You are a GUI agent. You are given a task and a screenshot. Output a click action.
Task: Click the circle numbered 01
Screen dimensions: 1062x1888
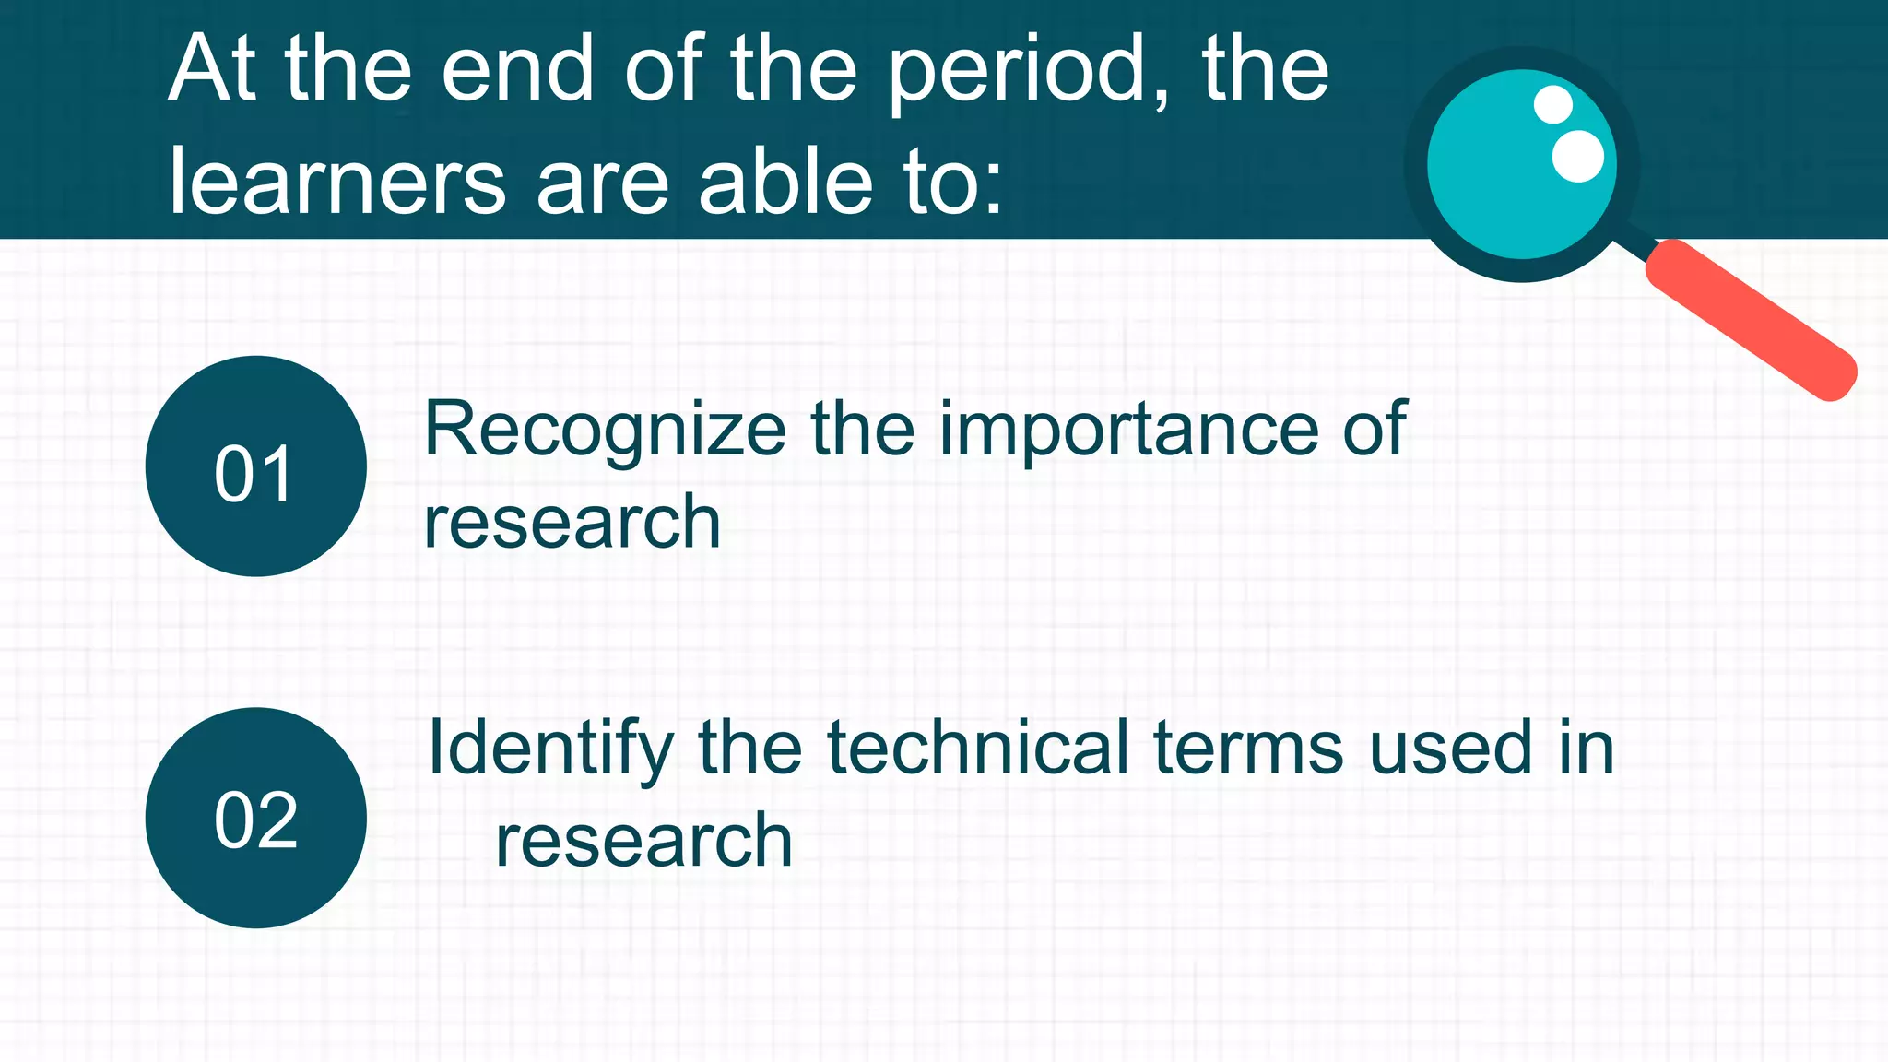255,466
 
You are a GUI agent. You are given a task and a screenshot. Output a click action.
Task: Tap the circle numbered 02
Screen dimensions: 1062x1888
255,818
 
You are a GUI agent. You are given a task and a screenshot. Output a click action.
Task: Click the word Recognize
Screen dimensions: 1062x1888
605,431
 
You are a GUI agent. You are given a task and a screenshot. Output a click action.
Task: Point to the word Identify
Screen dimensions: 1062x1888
550,749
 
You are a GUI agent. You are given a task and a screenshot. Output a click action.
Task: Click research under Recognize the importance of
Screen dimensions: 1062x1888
572,523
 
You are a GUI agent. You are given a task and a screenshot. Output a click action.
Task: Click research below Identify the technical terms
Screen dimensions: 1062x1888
643,841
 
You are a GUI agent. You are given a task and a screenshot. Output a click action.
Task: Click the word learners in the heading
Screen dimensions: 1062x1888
336,182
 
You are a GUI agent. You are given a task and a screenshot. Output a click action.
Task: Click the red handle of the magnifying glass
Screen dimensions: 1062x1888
1751,320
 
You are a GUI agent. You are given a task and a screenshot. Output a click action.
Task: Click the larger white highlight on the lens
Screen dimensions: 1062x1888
1578,156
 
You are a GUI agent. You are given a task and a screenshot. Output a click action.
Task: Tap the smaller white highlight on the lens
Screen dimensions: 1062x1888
1553,104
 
